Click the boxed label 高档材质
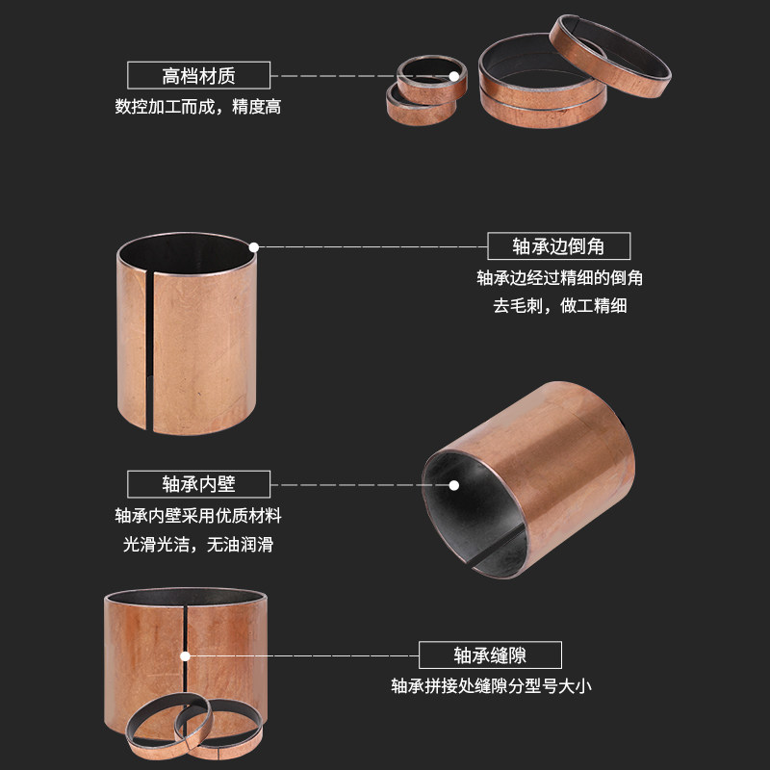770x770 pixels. click(x=199, y=75)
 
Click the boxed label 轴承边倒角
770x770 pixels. click(x=558, y=246)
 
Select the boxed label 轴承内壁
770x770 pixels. click(x=199, y=483)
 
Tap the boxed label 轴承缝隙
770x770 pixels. click(x=491, y=655)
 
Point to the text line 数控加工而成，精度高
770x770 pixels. click(x=198, y=107)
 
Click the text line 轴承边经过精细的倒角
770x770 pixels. click(x=559, y=278)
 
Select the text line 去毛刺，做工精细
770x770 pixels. click(x=559, y=307)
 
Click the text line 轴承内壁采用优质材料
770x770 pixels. click(x=198, y=515)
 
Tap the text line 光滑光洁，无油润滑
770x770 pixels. click(x=198, y=544)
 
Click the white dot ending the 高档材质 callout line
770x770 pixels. click(x=452, y=75)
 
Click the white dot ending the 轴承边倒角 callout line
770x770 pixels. click(x=254, y=246)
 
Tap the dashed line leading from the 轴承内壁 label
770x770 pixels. click(x=346, y=483)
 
